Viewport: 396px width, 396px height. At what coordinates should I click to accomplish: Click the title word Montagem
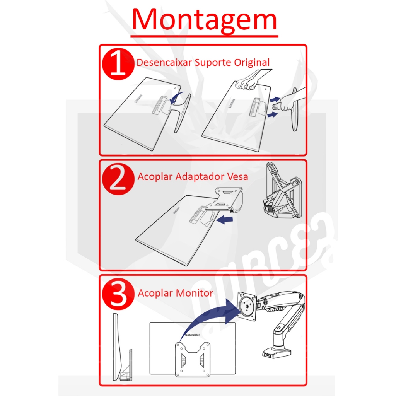204,20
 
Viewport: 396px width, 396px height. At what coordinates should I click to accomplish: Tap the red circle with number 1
118,64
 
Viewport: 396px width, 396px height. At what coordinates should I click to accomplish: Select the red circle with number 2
118,179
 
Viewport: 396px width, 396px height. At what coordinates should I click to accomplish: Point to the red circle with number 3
118,294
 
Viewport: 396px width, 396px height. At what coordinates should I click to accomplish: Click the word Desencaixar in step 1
164,62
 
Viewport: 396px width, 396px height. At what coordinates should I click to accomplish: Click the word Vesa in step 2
238,176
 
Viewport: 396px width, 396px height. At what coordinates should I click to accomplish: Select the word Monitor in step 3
194,293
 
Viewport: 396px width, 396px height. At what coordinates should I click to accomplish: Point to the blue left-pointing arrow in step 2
225,219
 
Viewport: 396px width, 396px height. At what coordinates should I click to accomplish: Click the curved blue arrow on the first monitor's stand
176,97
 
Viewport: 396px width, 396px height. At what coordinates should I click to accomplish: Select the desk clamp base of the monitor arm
277,353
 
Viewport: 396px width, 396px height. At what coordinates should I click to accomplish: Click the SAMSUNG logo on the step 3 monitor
193,335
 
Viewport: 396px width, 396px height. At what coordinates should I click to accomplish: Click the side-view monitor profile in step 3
122,347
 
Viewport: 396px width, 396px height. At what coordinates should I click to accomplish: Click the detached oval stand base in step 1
295,109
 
